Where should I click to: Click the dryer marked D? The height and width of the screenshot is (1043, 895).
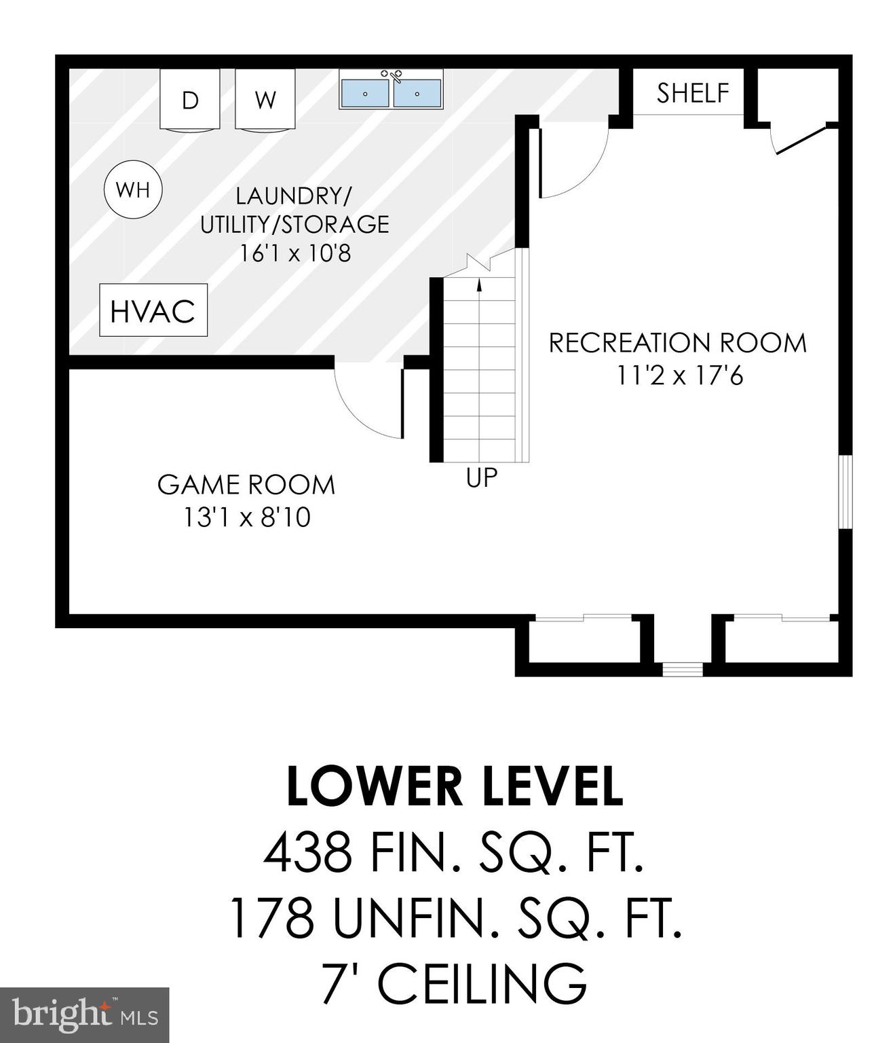pos(190,99)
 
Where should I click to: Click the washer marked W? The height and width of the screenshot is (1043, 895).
pos(265,99)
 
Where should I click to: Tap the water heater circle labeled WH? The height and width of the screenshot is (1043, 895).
pos(133,189)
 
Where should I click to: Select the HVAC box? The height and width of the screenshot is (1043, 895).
pos(153,310)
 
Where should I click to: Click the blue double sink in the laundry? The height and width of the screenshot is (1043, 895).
pos(391,92)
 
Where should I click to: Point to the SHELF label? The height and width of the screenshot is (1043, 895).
pos(692,93)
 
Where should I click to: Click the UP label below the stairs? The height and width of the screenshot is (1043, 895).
pos(482,478)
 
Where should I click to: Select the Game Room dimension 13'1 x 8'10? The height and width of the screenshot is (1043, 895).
pos(247,517)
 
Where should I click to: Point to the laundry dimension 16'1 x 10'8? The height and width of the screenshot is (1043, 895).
pos(295,253)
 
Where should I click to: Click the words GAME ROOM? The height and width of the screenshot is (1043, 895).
pos(246,485)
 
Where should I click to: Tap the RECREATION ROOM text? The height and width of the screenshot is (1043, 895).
pos(677,343)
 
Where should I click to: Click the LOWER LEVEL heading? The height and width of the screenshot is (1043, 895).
pos(454,786)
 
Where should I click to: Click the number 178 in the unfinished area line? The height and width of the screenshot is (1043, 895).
pos(271,917)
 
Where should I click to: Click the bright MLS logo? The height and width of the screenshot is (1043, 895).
pos(84,1015)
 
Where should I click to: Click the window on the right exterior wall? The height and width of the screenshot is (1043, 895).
pos(845,492)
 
